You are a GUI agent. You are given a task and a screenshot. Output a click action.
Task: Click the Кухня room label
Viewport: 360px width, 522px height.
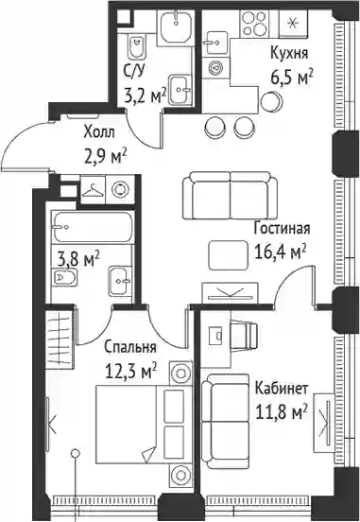[289, 54]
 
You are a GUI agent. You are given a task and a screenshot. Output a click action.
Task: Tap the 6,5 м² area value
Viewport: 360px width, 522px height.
[292, 78]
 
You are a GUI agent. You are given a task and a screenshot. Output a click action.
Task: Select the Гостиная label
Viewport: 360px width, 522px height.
[282, 229]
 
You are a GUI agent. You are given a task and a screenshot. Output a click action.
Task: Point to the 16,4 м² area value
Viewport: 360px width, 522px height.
[280, 252]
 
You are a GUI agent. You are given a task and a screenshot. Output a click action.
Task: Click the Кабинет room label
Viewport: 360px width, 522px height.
[282, 389]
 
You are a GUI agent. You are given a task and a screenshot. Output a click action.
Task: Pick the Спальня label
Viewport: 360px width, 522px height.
[130, 348]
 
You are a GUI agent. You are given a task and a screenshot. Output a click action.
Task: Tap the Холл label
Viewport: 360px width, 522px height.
[99, 132]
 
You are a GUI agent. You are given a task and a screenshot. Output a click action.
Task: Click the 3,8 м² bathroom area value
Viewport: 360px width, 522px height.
[78, 259]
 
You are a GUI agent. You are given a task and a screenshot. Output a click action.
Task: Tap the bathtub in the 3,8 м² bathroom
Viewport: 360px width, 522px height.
[94, 227]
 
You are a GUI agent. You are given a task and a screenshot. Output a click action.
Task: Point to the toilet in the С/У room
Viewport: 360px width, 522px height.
[136, 46]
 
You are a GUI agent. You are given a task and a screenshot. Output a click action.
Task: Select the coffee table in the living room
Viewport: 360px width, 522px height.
[229, 255]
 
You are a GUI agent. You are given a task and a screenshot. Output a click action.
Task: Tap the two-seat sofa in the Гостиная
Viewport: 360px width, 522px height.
[230, 196]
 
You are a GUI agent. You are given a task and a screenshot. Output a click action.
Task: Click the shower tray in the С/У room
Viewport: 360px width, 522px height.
[176, 25]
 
